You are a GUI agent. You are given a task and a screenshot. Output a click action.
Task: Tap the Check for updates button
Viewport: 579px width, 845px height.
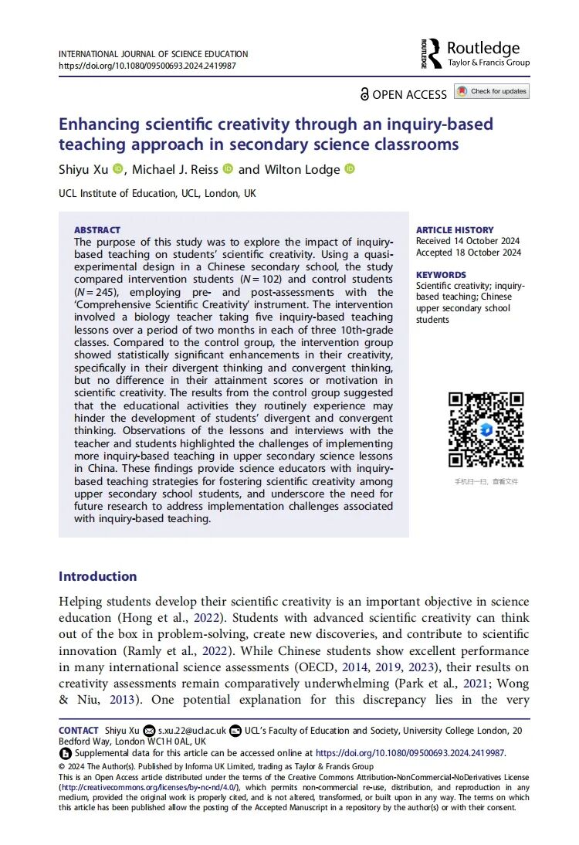click(492, 91)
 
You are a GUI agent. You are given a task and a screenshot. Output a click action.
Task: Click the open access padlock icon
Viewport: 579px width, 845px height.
click(365, 94)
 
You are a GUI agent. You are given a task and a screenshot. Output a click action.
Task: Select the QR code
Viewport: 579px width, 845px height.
click(486, 429)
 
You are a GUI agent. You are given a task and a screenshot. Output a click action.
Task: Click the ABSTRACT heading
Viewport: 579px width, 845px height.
click(97, 230)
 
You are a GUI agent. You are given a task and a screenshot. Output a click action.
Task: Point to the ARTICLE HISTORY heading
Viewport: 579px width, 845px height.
click(455, 230)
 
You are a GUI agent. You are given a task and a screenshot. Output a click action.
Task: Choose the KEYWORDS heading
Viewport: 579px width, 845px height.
click(441, 275)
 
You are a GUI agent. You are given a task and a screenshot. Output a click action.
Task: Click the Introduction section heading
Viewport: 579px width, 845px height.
click(97, 576)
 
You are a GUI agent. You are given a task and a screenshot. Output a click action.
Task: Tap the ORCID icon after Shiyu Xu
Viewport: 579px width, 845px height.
click(117, 169)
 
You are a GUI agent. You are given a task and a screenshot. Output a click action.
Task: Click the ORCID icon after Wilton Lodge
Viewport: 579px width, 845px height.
click(349, 169)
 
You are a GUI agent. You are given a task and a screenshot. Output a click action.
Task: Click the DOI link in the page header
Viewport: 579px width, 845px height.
click(147, 66)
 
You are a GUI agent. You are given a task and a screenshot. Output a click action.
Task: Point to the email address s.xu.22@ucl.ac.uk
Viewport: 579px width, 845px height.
click(191, 730)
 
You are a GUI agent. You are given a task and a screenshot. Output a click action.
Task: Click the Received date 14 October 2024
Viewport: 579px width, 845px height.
click(468, 241)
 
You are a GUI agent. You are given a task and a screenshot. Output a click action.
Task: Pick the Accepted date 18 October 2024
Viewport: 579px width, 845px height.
click(468, 253)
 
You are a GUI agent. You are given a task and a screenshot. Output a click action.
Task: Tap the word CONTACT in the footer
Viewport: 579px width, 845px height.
click(78, 730)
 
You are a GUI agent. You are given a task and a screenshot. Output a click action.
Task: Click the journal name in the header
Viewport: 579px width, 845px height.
click(154, 54)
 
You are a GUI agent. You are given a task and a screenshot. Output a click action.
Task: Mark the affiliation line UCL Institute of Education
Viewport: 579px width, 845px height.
click(157, 194)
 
